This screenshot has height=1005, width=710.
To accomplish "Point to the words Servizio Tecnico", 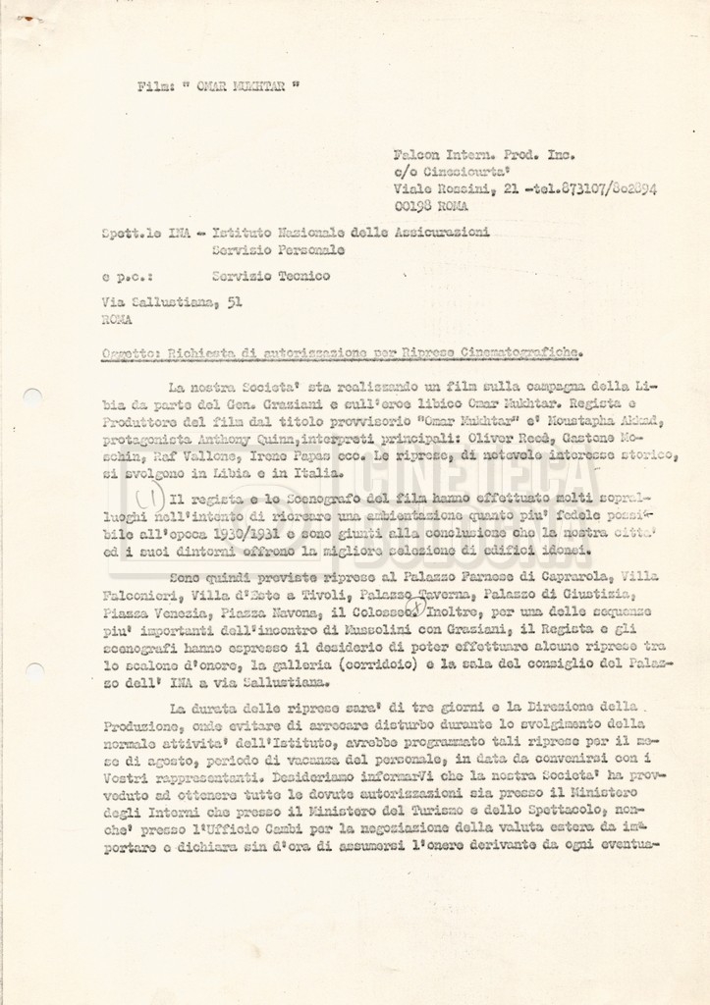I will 271,276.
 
